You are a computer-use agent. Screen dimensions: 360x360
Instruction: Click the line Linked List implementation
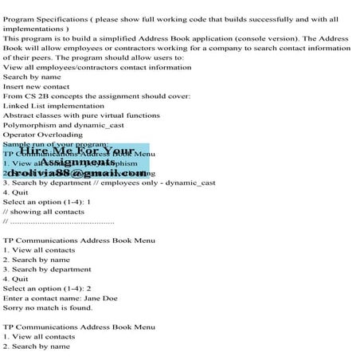point(53,105)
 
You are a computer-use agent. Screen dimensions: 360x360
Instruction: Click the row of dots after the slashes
point(63,221)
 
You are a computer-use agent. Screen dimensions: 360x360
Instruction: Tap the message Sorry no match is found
point(48,307)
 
